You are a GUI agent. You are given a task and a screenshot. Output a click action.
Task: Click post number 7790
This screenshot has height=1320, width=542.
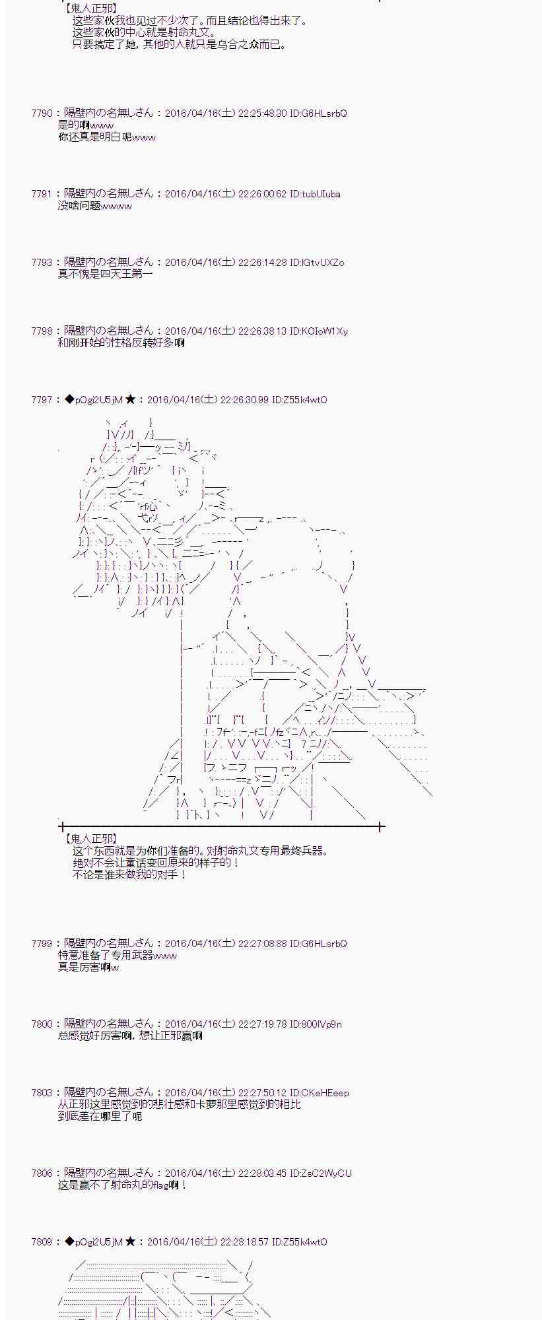click(x=42, y=114)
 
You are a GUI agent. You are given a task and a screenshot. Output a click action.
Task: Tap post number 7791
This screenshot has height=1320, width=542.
click(x=42, y=194)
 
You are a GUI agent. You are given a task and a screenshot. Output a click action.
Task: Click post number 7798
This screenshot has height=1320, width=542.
click(x=42, y=331)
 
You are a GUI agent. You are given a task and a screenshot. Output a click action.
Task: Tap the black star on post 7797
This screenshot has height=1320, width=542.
click(x=131, y=400)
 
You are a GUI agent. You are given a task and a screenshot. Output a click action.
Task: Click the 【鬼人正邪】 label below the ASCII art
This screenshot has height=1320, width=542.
click(x=92, y=839)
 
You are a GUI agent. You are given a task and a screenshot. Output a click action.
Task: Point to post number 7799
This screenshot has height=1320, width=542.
click(x=42, y=944)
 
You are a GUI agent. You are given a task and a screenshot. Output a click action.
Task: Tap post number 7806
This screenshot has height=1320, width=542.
click(x=42, y=1173)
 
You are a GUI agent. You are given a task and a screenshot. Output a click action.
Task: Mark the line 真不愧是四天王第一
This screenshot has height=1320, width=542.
click(x=106, y=274)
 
